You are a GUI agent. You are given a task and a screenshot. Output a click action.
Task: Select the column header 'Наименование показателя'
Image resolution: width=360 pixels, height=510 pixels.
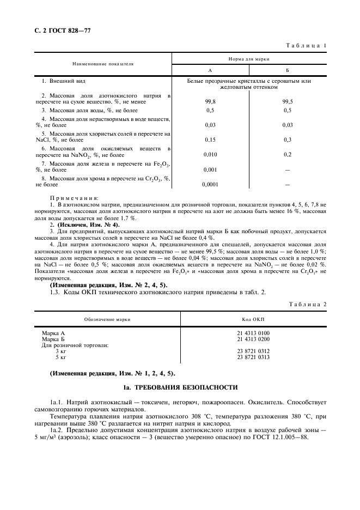[x=103, y=64]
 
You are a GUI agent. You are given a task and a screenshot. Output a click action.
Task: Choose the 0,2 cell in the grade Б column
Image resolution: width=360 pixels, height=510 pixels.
[x=288, y=154]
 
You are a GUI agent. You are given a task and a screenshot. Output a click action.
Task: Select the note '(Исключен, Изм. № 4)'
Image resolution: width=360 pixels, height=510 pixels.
[x=88, y=224]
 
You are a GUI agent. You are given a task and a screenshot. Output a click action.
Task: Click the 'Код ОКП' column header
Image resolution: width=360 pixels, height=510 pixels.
[x=253, y=319]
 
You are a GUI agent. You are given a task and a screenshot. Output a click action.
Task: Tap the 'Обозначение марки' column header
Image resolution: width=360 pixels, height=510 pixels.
[x=107, y=319]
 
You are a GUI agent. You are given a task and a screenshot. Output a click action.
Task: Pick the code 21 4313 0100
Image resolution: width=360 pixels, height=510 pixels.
[x=253, y=333]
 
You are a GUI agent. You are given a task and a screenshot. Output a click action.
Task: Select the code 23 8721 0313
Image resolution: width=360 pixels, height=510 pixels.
[x=253, y=357]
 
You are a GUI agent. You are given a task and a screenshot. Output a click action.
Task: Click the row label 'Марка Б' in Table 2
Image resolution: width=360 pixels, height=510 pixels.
[x=53, y=339]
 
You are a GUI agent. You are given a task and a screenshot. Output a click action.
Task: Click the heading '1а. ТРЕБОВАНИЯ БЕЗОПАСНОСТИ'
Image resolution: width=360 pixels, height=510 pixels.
[x=180, y=387]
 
